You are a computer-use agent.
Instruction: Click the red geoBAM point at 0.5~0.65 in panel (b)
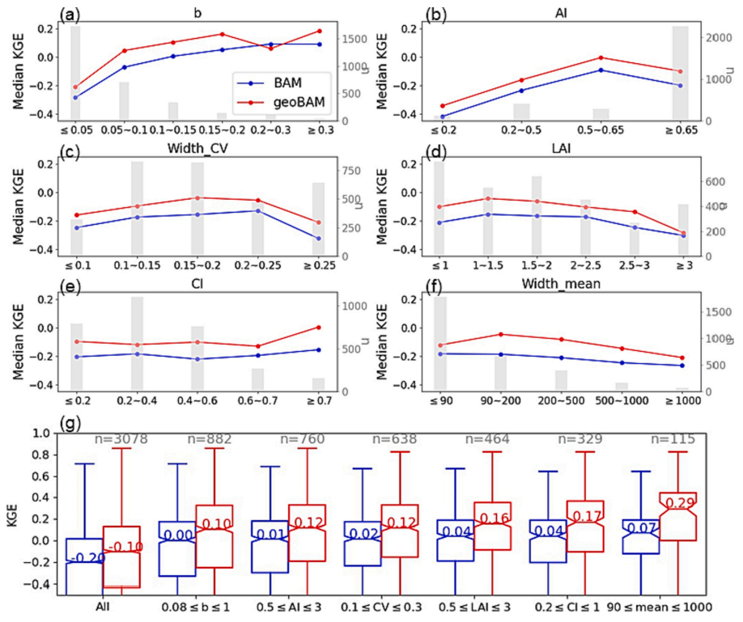tap(601, 57)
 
